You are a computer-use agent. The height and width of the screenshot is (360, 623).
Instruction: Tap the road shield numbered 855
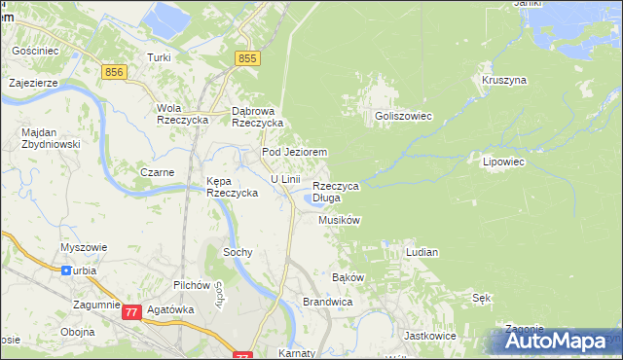point(247,60)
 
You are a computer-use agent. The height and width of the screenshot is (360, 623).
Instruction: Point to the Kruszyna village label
point(503,80)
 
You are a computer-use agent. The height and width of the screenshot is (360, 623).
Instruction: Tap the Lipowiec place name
point(503,161)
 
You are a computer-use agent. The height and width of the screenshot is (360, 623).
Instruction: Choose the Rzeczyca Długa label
point(336,192)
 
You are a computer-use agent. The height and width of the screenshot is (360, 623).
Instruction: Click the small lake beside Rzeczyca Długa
point(313,200)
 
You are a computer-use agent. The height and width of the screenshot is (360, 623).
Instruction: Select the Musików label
point(340,221)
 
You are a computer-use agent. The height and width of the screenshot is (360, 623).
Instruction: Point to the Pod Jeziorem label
point(293,153)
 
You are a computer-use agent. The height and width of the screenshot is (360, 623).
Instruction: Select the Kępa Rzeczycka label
point(232,187)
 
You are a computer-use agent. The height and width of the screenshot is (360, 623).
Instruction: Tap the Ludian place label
point(421,252)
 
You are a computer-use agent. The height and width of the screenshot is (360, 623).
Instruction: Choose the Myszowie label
point(81,247)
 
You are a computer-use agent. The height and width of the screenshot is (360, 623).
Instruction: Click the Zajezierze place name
point(33,84)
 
